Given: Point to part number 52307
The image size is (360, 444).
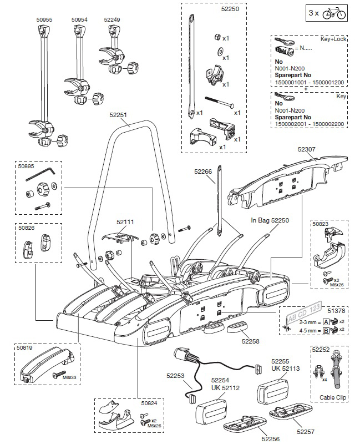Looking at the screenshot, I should [306, 149].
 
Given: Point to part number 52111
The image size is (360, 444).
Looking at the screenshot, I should [125, 221].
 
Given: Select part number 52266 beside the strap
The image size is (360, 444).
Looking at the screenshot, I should [203, 172].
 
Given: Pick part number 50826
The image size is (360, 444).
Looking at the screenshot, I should [26, 228].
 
